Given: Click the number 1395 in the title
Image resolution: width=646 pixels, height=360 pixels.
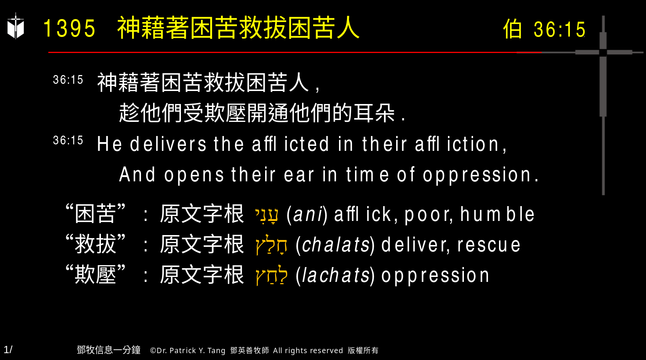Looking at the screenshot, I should tap(69, 29).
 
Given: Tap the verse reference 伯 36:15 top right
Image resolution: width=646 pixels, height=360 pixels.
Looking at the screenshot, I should tap(544, 29).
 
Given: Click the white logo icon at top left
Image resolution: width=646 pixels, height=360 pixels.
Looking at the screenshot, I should tap(16, 27).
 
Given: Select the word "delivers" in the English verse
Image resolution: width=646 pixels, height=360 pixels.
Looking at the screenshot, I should tap(168, 144).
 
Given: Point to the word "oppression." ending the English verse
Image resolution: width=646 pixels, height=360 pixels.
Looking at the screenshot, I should tap(481, 175).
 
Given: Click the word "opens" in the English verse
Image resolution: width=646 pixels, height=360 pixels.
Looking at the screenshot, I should tap(194, 175).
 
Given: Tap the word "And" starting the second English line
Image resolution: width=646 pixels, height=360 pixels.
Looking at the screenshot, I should tap(138, 175).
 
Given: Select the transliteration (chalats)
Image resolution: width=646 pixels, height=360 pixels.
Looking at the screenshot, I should tap(335, 245).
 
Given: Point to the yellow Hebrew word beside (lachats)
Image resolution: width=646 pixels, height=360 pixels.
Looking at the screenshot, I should tap(272, 276).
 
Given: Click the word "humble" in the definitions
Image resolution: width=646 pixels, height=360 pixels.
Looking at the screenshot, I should tap(497, 214).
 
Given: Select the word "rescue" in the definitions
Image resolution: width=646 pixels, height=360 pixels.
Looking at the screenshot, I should tap(489, 245).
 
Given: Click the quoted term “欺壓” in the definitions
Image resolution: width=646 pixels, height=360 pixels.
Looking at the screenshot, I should tap(96, 274).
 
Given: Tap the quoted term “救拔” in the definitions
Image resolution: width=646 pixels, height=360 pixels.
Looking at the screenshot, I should tap(96, 244).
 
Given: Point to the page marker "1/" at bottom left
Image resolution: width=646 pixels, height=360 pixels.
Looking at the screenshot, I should tap(8, 349).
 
